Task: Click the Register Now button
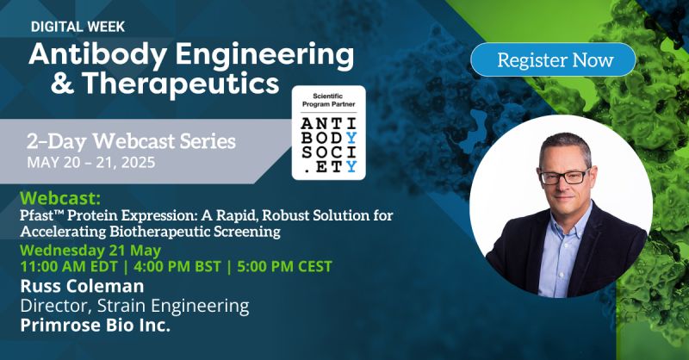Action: coord(553,59)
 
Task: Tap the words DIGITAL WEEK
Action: coord(78,27)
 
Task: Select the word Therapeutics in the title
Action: coord(180,84)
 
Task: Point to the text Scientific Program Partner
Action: coord(329,100)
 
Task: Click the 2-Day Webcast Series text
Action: coord(131,141)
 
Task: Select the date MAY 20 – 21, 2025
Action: coord(91,163)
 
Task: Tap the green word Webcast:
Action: coord(60,198)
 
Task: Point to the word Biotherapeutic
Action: coord(160,231)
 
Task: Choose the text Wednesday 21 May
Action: coord(90,251)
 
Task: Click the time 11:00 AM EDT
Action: coord(69,266)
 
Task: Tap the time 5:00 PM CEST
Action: coord(284,266)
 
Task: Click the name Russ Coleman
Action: coord(82,286)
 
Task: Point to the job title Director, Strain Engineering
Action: coord(134,306)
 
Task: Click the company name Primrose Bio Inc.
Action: coord(95,326)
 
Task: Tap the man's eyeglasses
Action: coord(564,177)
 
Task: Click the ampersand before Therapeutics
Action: coord(62,84)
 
